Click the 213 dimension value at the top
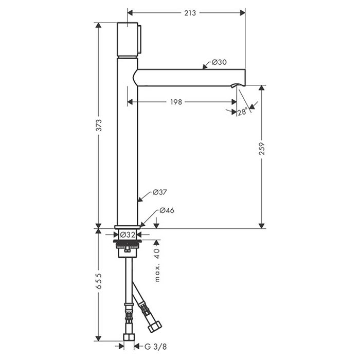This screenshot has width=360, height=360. [x=190, y=13]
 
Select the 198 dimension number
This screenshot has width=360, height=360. [x=176, y=102]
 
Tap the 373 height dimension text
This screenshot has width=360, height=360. [x=99, y=125]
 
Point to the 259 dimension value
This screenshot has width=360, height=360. [x=262, y=149]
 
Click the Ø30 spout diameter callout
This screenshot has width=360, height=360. [x=219, y=62]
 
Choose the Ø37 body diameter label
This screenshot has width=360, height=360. [x=160, y=192]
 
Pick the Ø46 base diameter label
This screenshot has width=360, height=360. [x=167, y=210]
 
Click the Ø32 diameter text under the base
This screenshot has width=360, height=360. [x=128, y=235]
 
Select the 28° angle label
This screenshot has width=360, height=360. [x=243, y=112]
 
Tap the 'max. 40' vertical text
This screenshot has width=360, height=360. [x=157, y=265]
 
